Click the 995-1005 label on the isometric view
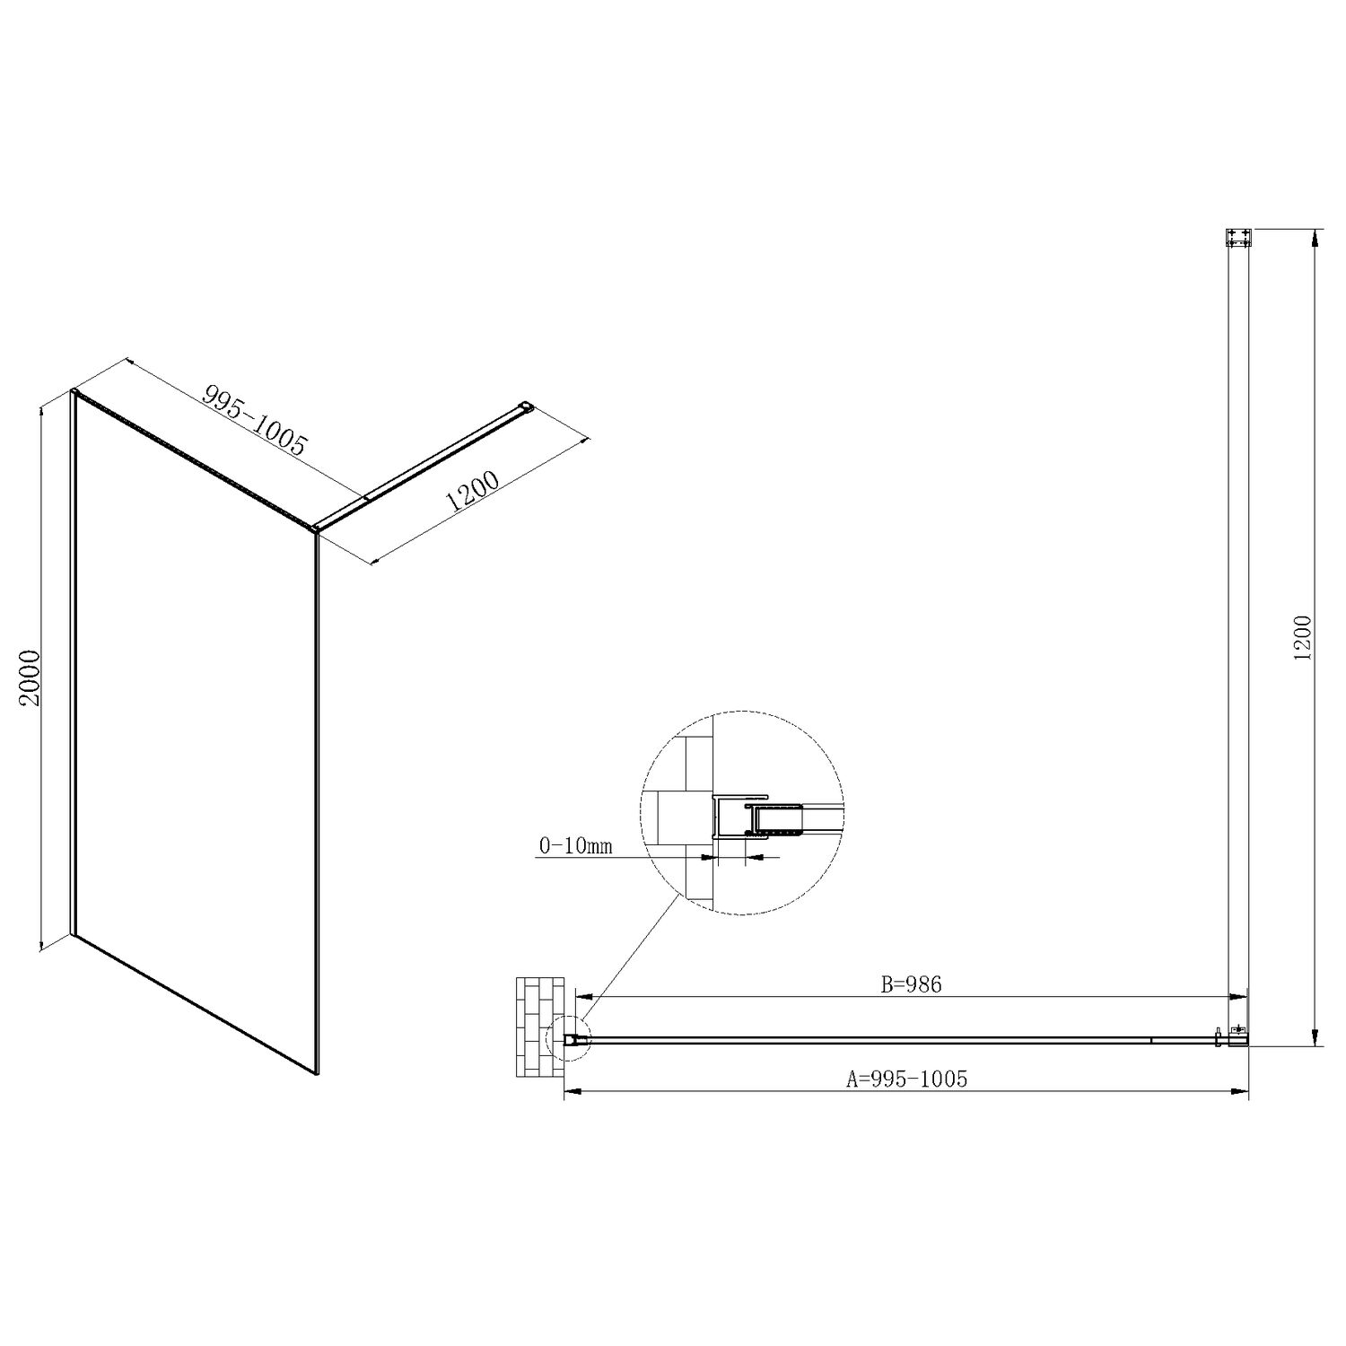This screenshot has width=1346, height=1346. pyautogui.click(x=256, y=419)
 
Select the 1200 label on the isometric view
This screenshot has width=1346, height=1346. pyautogui.click(x=472, y=499)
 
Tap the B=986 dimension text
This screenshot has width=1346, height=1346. pyautogui.click(x=911, y=984)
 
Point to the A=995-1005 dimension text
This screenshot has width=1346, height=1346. pyautogui.click(x=907, y=1079)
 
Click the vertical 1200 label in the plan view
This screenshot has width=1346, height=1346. pyautogui.click(x=1303, y=638)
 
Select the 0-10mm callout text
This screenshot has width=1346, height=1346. pyautogui.click(x=575, y=845)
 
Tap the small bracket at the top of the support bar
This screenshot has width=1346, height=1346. pyautogui.click(x=1238, y=238)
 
